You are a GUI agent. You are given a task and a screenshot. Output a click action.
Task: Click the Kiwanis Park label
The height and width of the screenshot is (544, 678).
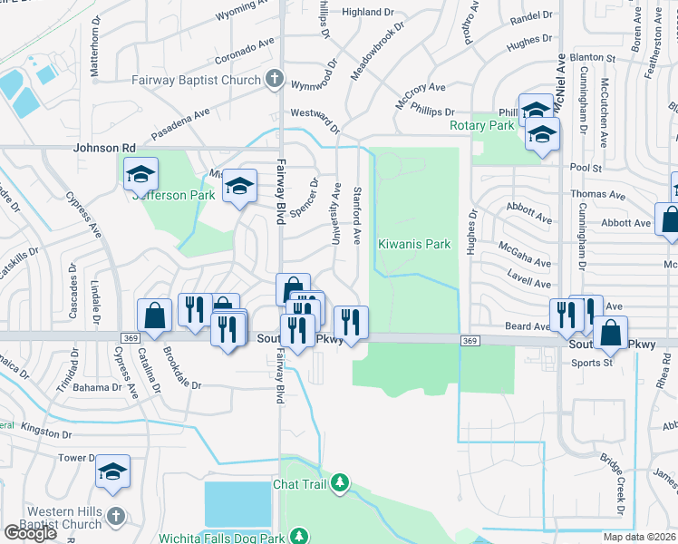pos(414,244)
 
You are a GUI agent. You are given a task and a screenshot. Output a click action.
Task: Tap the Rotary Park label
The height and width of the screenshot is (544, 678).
pos(481,125)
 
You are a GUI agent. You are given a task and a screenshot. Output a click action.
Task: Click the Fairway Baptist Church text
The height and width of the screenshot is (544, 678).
pos(196,80)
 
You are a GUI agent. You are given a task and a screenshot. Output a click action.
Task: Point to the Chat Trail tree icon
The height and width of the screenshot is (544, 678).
pos(340,483)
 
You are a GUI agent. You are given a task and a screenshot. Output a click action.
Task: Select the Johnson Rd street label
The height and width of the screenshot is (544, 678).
pos(104,148)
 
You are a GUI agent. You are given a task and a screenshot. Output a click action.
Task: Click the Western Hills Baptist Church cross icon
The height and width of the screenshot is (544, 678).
pos(114,516)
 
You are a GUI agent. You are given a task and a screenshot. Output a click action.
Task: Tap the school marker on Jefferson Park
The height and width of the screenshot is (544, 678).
pos(140,175)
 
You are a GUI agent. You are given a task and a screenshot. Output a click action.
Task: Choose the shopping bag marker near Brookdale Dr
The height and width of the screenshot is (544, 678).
pos(155,315)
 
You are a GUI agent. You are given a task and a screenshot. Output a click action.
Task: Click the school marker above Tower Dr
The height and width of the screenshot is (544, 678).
pos(113,471)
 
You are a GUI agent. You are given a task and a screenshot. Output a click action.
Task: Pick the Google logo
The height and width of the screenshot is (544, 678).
pos(30,532)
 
